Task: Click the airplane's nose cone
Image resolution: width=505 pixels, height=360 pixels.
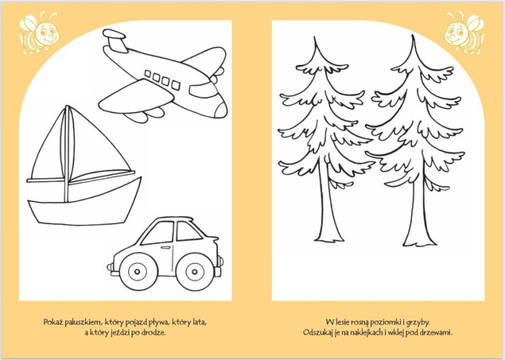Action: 221,110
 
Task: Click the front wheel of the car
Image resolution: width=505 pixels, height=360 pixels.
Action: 195,272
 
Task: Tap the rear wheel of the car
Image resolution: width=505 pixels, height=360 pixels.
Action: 138,272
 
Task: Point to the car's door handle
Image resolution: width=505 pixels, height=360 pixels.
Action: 165,247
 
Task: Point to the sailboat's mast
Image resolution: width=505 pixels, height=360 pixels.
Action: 67,154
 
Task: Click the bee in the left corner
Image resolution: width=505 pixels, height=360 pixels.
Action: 39,32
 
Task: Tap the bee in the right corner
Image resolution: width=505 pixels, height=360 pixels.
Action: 464,32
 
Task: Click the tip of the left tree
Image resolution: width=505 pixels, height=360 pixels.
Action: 315,37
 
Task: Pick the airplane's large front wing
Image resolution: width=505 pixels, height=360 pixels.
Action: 135,96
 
